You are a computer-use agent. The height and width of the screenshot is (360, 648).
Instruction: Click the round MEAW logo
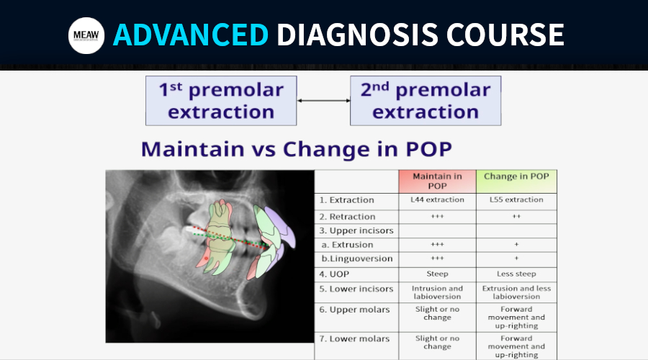(x=86, y=35)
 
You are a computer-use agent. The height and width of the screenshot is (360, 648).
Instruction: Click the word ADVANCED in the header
(x=191, y=35)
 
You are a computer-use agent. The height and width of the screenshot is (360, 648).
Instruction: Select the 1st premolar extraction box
(x=221, y=100)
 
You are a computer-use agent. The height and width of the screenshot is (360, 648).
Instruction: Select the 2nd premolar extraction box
(x=426, y=100)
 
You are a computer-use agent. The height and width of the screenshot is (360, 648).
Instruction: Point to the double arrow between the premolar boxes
(x=323, y=100)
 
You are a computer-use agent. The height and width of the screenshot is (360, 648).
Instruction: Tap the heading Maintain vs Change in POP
(x=297, y=149)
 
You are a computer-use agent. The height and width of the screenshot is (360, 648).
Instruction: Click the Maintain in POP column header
(x=437, y=181)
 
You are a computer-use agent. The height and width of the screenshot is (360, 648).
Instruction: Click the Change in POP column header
(x=516, y=181)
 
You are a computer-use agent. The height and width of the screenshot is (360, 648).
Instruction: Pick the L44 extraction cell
(x=437, y=199)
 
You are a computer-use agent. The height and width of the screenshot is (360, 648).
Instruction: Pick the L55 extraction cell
(x=516, y=199)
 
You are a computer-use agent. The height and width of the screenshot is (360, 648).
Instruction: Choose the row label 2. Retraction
(x=347, y=217)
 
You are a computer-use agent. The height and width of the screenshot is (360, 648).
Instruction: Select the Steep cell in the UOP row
(x=437, y=274)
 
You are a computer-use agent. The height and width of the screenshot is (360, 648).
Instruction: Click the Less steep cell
(x=516, y=274)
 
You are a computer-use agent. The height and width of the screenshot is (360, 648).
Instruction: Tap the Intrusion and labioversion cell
(x=437, y=292)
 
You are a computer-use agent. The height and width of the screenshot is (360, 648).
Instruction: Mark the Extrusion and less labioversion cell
(x=516, y=292)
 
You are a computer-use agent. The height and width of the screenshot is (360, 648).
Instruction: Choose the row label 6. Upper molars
(x=354, y=310)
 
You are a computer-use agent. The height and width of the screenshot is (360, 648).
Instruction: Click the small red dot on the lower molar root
(x=206, y=258)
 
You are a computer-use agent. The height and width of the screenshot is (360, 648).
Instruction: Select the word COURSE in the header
(x=505, y=35)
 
